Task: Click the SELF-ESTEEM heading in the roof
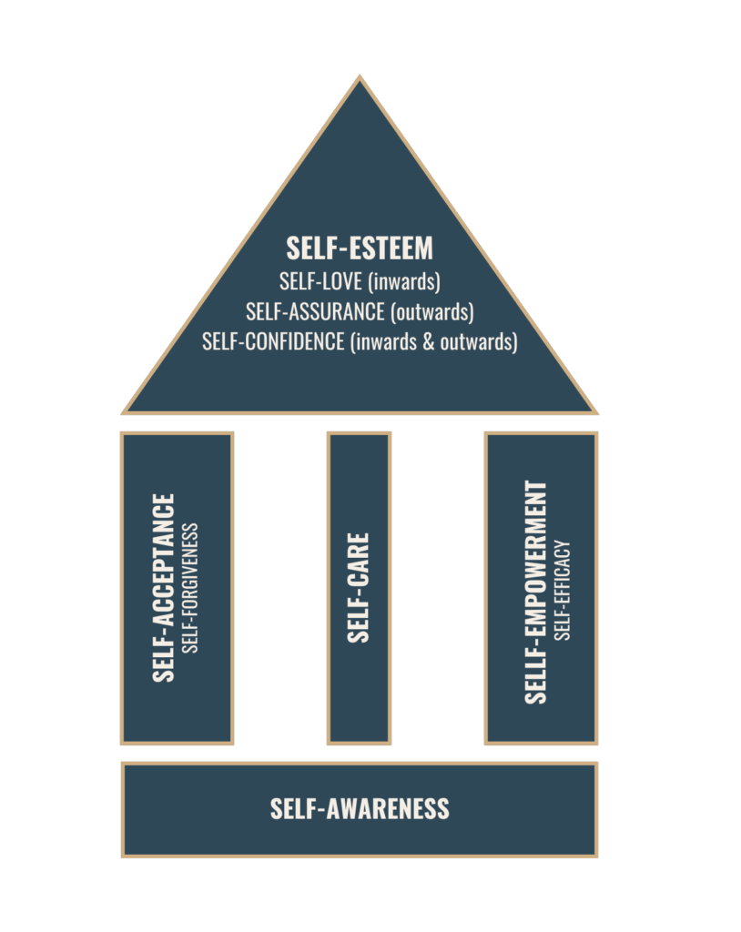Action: tap(360, 248)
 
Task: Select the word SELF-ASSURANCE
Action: tap(314, 311)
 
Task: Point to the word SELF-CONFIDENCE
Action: tap(273, 341)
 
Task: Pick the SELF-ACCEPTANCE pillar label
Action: tap(165, 588)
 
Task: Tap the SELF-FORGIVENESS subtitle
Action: tap(190, 588)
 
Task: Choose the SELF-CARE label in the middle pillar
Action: tap(360, 588)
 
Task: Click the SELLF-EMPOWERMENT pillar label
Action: tap(537, 592)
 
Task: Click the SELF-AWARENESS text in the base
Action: tap(360, 808)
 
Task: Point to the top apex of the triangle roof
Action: tap(360, 79)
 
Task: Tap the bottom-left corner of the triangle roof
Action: tap(126, 412)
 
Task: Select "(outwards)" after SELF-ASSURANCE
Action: tap(432, 311)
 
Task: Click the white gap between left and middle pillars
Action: tap(280, 588)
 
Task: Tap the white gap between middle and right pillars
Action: tap(438, 588)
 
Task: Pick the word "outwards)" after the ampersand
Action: tap(482, 342)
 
